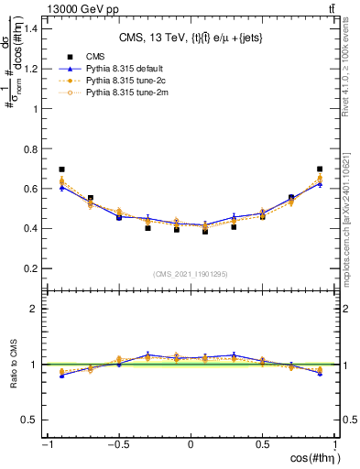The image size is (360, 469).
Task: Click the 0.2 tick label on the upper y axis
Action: click(31, 268)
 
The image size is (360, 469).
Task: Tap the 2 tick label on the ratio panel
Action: click(35, 310)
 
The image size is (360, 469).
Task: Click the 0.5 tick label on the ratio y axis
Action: click(31, 420)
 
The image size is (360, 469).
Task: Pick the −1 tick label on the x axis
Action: click(46, 445)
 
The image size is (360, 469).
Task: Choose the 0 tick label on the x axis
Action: click(191, 445)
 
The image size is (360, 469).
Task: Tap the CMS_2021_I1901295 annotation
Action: click(191, 274)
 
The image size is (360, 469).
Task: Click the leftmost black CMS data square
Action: click(61, 169)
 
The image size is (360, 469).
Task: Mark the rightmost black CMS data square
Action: click(320, 169)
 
